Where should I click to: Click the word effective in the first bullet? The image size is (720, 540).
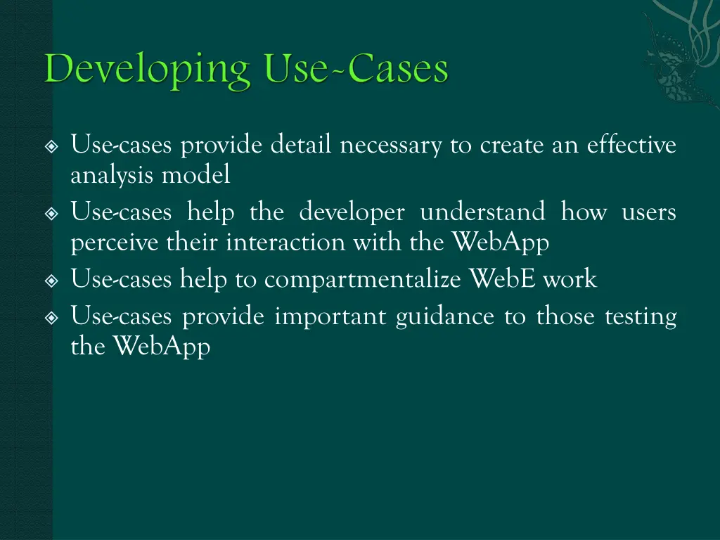(631, 146)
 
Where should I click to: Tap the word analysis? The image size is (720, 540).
(113, 176)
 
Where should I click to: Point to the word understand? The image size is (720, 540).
(482, 212)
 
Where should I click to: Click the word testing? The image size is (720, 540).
(641, 317)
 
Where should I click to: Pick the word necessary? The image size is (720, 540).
(391, 146)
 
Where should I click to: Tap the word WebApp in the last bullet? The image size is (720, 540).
(162, 347)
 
